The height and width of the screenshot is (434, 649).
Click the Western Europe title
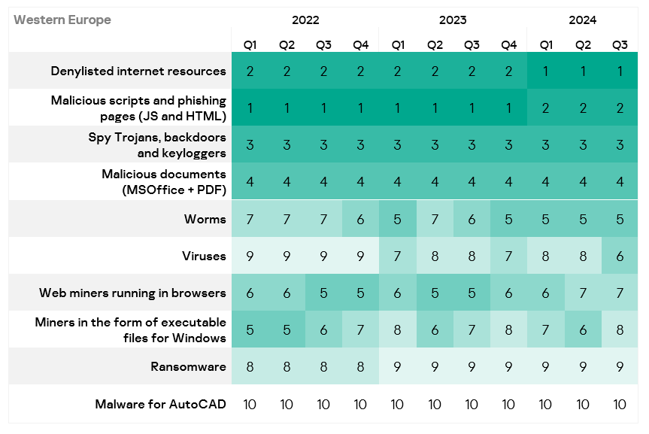pyautogui.click(x=62, y=20)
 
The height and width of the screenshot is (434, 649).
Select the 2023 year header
pyautogui.click(x=453, y=20)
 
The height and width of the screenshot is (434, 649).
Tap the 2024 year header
pyautogui.click(x=583, y=20)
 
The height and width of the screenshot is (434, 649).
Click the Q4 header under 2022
pyautogui.click(x=360, y=45)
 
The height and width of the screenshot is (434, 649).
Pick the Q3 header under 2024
pyautogui.click(x=620, y=45)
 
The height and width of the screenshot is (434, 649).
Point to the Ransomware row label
pyautogui.click(x=188, y=367)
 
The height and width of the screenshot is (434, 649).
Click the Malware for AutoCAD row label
pyautogui.click(x=160, y=404)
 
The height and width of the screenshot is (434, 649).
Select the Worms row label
pyautogui.click(x=205, y=220)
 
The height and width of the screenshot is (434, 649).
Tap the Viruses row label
pyautogui.click(x=203, y=256)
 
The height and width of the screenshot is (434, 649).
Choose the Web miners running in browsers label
pyautogui.click(x=132, y=293)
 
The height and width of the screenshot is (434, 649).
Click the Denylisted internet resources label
pyautogui.click(x=138, y=71)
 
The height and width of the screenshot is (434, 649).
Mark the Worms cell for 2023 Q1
pyautogui.click(x=397, y=220)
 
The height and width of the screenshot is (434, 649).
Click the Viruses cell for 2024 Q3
pyautogui.click(x=620, y=256)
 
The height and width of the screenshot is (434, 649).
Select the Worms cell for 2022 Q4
pyautogui.click(x=360, y=220)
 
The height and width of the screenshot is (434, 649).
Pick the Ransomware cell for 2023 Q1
pyautogui.click(x=397, y=367)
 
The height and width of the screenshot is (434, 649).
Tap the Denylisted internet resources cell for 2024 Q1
pyautogui.click(x=546, y=71)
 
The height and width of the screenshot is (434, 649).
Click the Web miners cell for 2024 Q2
pyautogui.click(x=583, y=293)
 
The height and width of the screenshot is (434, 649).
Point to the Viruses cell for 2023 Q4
pyautogui.click(x=508, y=256)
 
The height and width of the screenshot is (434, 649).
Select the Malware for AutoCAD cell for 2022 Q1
pyautogui.click(x=250, y=404)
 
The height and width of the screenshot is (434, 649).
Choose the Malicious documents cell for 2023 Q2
pyautogui.click(x=435, y=182)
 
